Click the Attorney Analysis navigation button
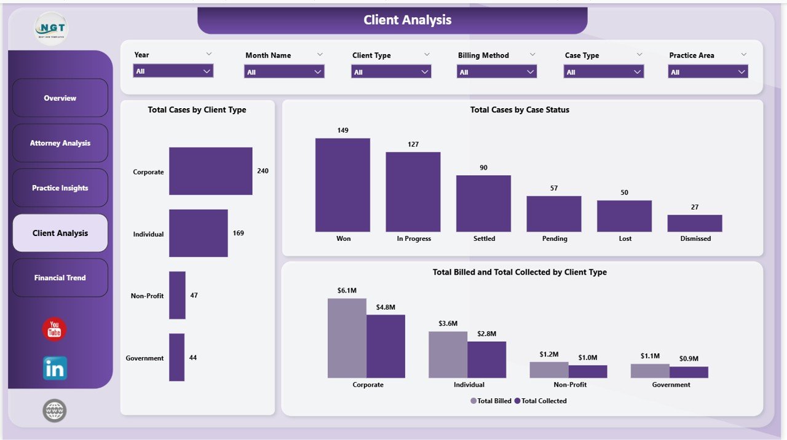point(60,143)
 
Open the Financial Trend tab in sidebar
point(60,278)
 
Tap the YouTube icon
point(54,329)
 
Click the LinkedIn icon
point(55,368)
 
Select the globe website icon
point(54,411)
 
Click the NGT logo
point(51,28)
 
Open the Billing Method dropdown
point(496,72)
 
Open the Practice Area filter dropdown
point(708,72)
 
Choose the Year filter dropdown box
point(173,71)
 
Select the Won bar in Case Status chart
point(342,184)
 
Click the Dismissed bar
point(694,223)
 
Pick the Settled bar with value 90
point(483,203)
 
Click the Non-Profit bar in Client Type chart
point(177,296)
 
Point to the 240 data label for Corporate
point(263,171)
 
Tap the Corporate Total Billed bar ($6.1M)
point(347,338)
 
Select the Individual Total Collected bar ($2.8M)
point(486,359)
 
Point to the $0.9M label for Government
point(689,358)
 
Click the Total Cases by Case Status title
point(520,110)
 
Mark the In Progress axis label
point(414,238)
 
